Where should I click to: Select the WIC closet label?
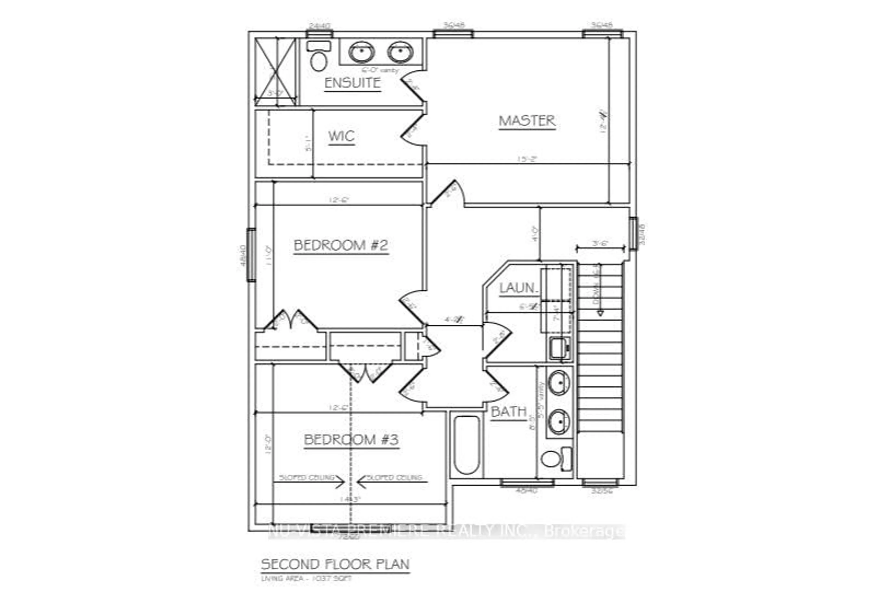[x=341, y=136]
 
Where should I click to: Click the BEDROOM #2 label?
[x=341, y=245]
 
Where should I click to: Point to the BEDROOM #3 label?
[x=351, y=440]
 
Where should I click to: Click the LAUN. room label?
[x=519, y=288]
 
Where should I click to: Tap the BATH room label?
[x=508, y=411]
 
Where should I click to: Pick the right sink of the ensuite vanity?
[x=400, y=52]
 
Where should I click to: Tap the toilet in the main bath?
[x=555, y=459]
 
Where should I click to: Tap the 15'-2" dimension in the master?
[x=528, y=159]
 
